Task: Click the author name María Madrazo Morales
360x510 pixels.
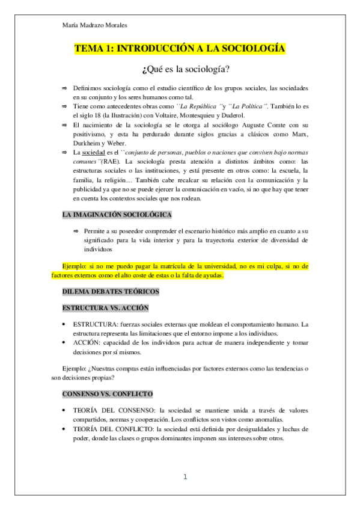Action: pyautogui.click(x=95, y=25)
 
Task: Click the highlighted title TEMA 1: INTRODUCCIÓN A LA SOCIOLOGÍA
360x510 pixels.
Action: pyautogui.click(x=180, y=49)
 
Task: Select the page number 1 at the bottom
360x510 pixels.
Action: pyautogui.click(x=185, y=477)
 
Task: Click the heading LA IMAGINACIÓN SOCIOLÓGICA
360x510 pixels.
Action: pyautogui.click(x=117, y=215)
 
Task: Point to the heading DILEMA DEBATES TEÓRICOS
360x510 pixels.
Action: pyautogui.click(x=110, y=292)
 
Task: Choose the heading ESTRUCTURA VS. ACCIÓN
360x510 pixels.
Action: pyautogui.click(x=106, y=308)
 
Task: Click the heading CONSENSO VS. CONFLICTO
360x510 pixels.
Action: pyautogui.click(x=107, y=394)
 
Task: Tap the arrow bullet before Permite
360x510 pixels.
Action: pyautogui.click(x=76, y=231)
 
